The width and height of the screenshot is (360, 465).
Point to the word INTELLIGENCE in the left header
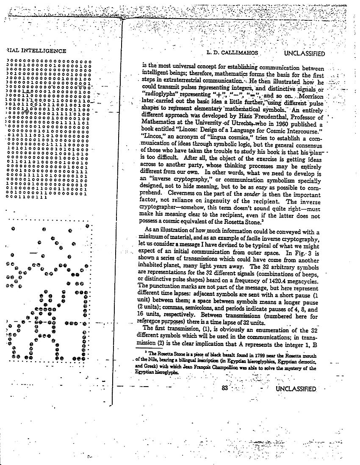42,51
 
